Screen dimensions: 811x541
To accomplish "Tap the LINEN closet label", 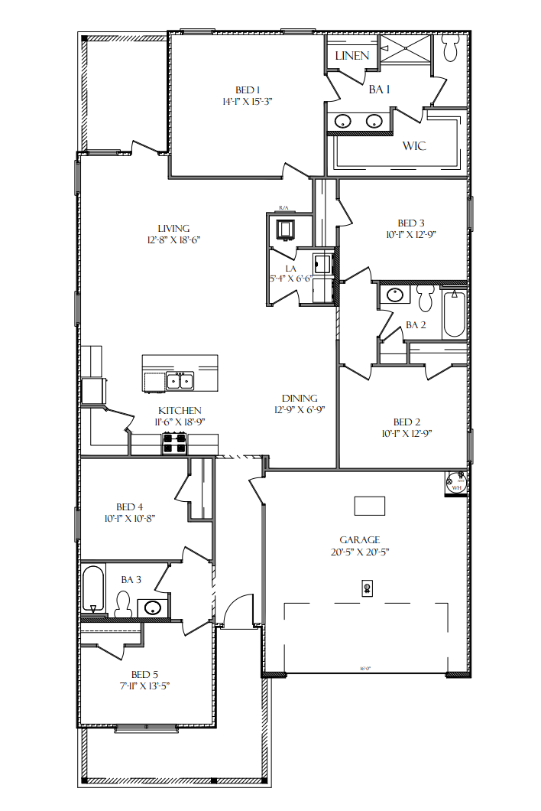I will pos(352,55).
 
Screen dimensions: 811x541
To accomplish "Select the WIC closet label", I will pos(414,145).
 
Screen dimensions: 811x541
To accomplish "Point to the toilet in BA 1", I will pos(450,49).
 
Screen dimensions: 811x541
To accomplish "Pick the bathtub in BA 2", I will pos(454,312).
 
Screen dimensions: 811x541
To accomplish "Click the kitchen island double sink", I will pos(180,380).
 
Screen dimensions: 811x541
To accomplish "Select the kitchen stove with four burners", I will pos(173,443).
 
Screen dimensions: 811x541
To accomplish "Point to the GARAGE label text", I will pos(360,539).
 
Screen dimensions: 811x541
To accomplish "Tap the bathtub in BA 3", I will pos(93,589).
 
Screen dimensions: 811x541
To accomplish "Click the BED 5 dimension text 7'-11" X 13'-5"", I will pos(144,686).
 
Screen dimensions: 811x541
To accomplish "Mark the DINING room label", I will pos(300,399).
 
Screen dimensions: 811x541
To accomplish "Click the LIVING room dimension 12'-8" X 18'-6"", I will pos(173,239).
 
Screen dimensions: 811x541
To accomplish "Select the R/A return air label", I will pos(283,207).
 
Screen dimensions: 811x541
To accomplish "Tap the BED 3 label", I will pos(406,223).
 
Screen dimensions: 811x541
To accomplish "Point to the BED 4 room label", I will pos(129,506).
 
